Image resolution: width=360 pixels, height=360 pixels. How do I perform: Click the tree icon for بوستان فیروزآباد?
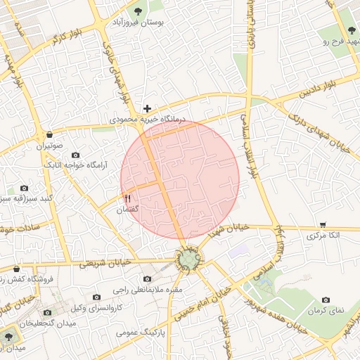(137, 11)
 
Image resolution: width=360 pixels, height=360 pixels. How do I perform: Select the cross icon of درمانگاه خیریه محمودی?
(147, 108)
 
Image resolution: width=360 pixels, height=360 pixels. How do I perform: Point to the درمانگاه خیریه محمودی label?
(150, 121)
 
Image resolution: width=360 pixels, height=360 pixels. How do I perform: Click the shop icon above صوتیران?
(50, 134)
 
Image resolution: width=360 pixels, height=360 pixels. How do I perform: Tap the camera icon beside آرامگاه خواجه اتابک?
(76, 155)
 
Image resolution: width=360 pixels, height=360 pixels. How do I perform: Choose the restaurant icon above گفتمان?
(127, 198)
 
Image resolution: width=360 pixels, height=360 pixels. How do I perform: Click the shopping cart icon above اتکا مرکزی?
(323, 224)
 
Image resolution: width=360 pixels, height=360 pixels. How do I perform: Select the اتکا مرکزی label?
(323, 237)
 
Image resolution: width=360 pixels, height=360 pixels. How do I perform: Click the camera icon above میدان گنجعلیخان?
(48, 312)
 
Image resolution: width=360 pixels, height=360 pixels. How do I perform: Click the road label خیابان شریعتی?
(101, 264)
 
